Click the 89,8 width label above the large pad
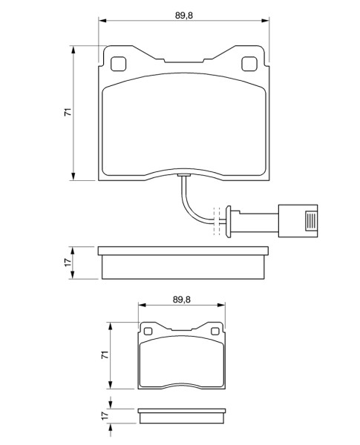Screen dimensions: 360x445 coord(184,16)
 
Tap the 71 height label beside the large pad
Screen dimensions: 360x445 coord(68,112)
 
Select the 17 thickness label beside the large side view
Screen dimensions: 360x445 coord(68,263)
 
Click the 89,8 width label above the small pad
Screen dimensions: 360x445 coord(182,300)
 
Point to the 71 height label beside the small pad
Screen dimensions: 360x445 coord(105,355)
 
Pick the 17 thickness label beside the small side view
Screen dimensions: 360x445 coord(105,416)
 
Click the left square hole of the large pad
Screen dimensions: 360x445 coord(118,64)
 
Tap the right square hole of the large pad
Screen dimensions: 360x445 coord(249,64)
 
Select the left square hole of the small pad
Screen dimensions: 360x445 coord(148,332)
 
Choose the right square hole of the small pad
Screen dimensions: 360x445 coord(215,332)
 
